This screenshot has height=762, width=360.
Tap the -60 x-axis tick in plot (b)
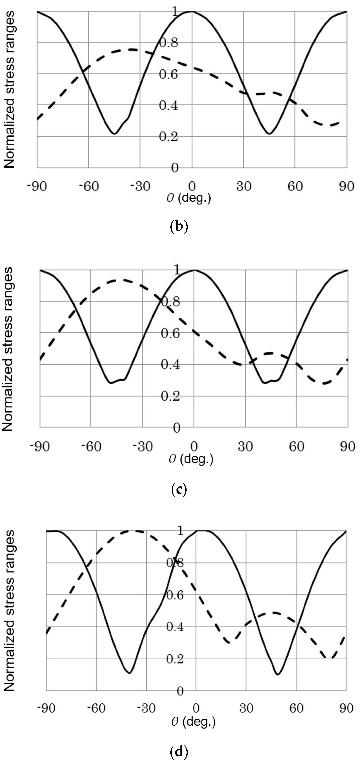point(89,187)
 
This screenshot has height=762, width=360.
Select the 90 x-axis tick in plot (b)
point(346,187)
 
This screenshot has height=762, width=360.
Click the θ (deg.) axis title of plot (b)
point(189,198)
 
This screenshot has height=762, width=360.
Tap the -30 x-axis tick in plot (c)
point(143,447)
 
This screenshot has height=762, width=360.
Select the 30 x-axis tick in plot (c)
point(245,447)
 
